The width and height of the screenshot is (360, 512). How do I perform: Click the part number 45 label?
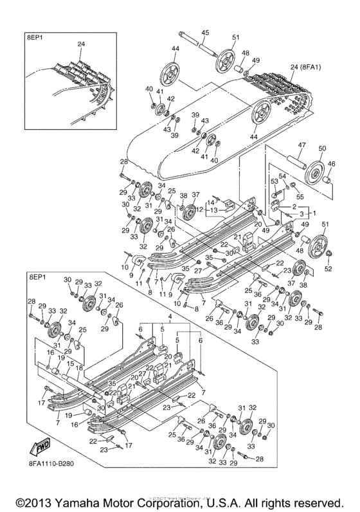tap(206, 32)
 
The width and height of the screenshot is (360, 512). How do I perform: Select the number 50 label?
tap(322, 148)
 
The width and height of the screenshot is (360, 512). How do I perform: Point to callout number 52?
tap(328, 269)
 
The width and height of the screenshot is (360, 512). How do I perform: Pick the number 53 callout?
tap(273, 182)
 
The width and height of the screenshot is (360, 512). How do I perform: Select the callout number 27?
tap(199, 272)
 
